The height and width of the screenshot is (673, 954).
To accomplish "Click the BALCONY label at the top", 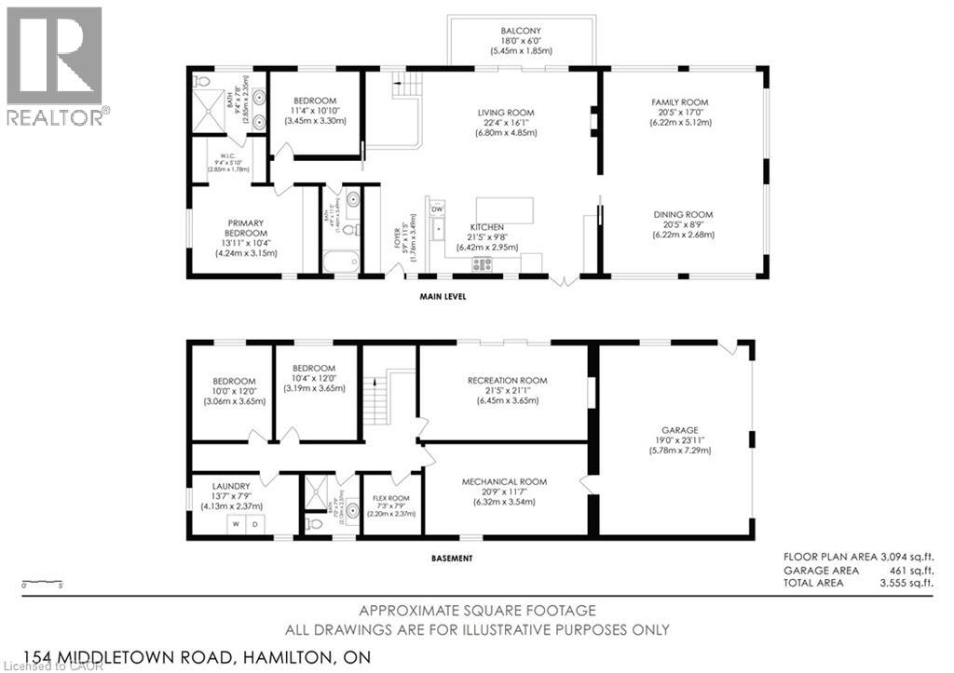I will pos(519,31).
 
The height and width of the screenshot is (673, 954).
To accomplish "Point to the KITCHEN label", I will pos(487,227).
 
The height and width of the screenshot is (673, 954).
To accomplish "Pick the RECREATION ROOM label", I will pos(508,381).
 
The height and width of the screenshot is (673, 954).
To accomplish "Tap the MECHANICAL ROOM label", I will pos(505,481).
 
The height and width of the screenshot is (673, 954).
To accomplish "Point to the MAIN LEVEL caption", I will pos(443,297).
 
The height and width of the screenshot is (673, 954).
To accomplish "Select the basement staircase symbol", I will pos(375,400).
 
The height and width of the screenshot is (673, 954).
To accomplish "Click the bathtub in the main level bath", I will pos(341,262).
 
